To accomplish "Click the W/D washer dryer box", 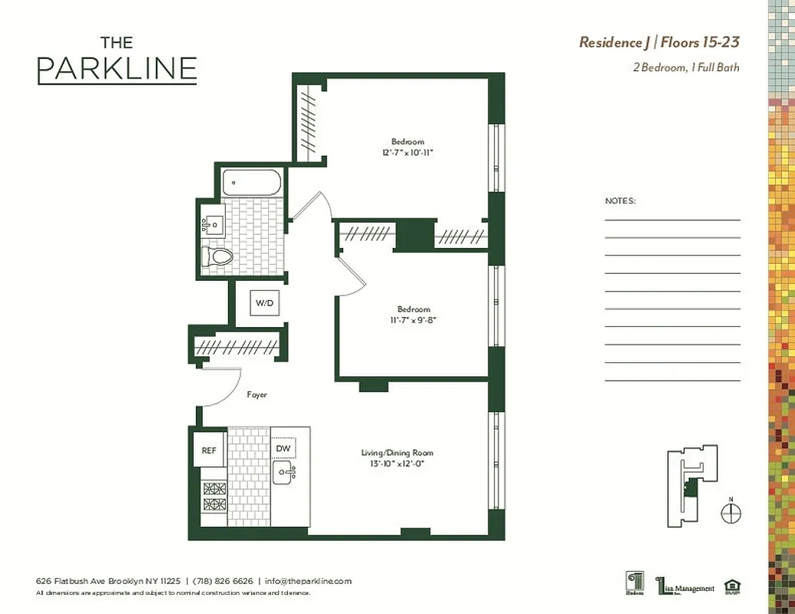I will (x=264, y=303).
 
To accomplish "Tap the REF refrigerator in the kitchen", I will (x=209, y=451).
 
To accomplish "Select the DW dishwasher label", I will (x=283, y=449).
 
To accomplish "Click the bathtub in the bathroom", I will (x=251, y=183).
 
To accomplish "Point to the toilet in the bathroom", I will (x=217, y=256).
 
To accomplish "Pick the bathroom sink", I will (x=213, y=224).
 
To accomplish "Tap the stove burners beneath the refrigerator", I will (x=214, y=496).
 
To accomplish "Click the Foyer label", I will (x=257, y=395).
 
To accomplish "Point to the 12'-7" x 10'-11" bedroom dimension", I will (x=407, y=153).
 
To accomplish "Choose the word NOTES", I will (x=620, y=201).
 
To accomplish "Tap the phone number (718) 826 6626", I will (x=222, y=581).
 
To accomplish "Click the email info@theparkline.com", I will (x=307, y=581).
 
